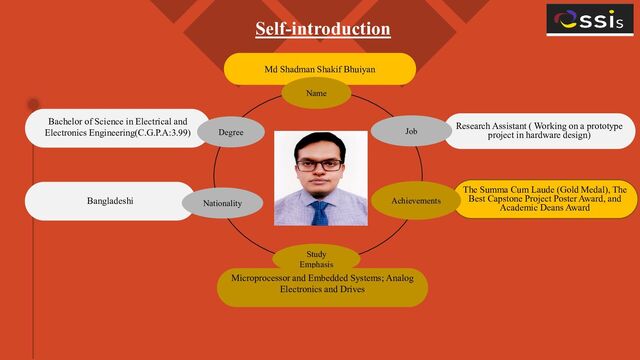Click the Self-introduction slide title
[322, 28]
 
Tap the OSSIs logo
[589, 19]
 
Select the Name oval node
[316, 93]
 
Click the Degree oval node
[231, 131]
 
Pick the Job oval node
[411, 131]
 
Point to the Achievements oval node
[416, 201]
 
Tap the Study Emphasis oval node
[316, 259]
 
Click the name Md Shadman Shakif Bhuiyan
[319, 70]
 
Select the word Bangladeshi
[110, 201]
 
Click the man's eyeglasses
[320, 164]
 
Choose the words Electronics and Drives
[322, 289]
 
